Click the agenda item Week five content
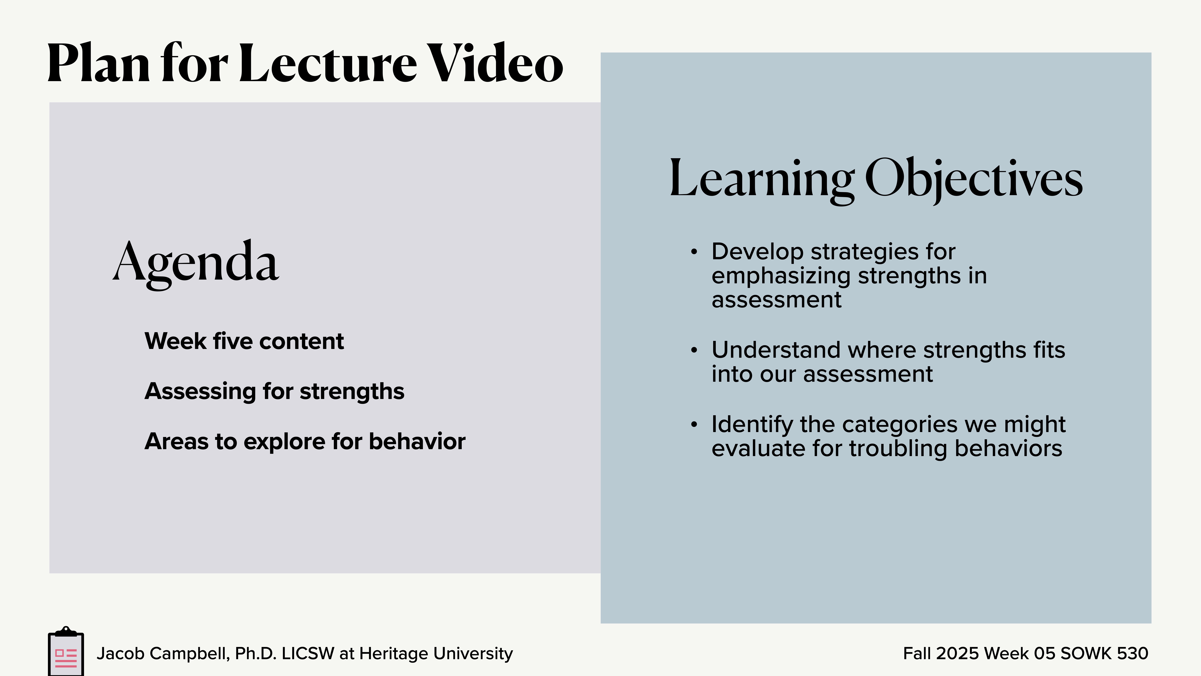(244, 341)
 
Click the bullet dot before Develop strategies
(694, 252)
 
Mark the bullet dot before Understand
(694, 350)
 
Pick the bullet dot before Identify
(694, 425)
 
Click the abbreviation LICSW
(308, 654)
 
